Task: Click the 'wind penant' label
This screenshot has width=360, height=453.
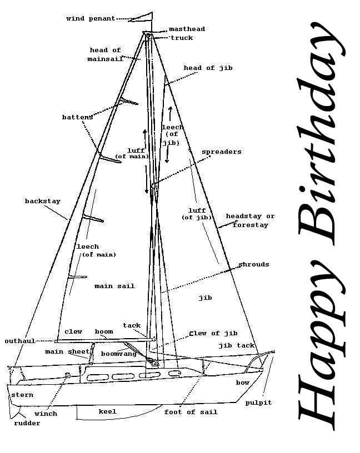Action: click(91, 18)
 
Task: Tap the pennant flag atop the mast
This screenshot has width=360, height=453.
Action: click(142, 18)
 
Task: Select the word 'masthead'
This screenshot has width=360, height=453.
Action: click(187, 29)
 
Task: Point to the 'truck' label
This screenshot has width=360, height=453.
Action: click(182, 38)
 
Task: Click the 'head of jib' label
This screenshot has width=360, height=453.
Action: click(208, 68)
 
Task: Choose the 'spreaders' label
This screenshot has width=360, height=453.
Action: click(221, 152)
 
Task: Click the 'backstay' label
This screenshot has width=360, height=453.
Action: click(42, 201)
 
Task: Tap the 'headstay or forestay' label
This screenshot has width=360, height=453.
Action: click(250, 220)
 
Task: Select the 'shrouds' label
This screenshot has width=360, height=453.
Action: click(254, 264)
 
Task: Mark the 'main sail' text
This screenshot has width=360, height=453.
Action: click(114, 286)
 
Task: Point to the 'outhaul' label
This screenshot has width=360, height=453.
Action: click(20, 341)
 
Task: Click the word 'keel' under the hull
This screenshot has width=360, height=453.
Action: click(107, 411)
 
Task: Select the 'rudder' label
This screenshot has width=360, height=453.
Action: click(27, 423)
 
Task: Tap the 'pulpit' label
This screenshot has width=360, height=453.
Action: click(258, 402)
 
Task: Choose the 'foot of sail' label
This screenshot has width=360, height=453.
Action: click(191, 412)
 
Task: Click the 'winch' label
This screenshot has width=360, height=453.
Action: click(46, 414)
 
